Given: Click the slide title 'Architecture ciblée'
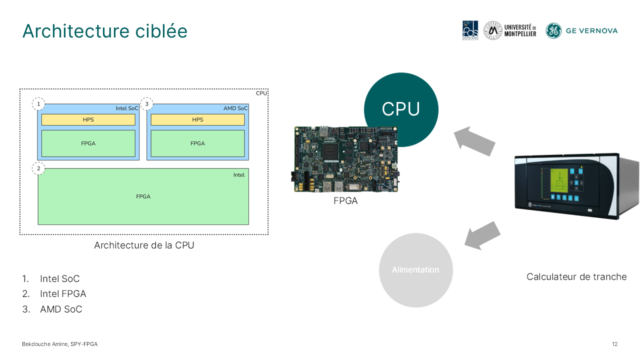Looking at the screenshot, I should click(105, 31).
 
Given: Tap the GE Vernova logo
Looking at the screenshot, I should click(581, 30).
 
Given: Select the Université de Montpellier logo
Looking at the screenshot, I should click(510, 30).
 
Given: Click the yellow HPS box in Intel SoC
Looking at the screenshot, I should click(88, 120).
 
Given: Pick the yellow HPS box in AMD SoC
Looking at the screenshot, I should click(197, 120).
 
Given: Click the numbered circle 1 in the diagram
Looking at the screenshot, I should click(38, 104).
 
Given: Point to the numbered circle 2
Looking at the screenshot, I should click(38, 168).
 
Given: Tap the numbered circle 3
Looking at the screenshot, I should click(147, 104).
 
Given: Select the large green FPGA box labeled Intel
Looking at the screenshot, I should click(143, 196).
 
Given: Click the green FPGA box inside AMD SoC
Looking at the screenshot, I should click(197, 143).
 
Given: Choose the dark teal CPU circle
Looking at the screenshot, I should click(401, 109).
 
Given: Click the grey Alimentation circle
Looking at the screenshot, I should click(415, 270).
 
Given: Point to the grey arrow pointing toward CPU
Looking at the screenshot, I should click(474, 140).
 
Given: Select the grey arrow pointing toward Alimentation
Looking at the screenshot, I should click(482, 235).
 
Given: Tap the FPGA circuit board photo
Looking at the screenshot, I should click(344, 159).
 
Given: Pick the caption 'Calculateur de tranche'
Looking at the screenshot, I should click(576, 276).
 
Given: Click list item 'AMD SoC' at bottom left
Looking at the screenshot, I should click(61, 309).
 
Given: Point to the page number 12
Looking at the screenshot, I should click(614, 344).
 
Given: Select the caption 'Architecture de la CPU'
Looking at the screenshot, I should click(144, 245).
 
